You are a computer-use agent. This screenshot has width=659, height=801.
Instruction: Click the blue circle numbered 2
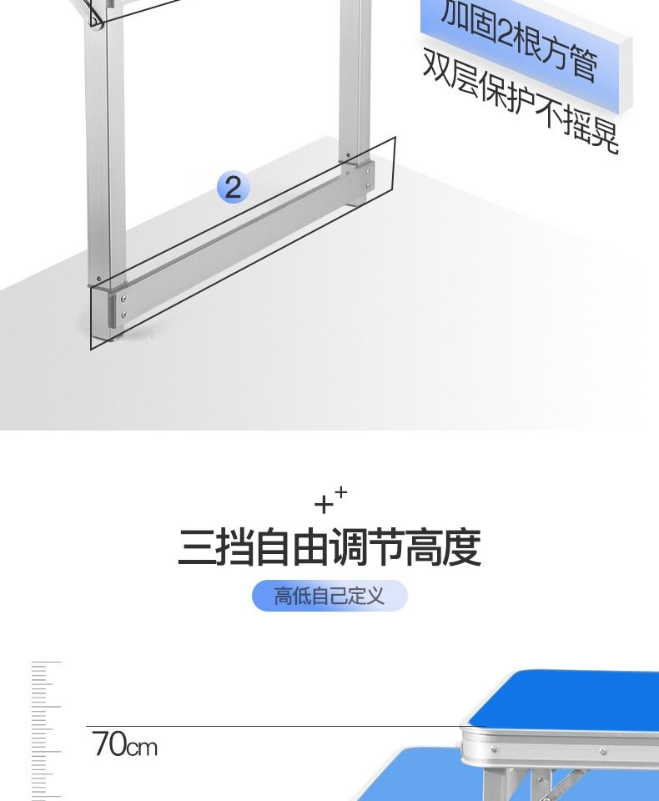(233, 187)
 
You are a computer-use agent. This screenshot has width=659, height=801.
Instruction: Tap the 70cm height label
(124, 743)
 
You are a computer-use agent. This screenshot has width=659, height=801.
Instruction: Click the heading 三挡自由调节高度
(329, 548)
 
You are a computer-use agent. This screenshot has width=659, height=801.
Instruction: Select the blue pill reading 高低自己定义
(329, 596)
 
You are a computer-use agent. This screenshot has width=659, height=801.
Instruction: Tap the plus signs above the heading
(330, 500)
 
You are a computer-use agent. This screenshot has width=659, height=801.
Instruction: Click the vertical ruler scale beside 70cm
(46, 730)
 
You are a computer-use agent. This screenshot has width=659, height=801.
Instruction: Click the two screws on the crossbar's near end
(124, 305)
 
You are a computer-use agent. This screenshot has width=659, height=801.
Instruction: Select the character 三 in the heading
(195, 548)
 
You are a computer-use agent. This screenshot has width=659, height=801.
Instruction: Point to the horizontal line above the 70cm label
(275, 726)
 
